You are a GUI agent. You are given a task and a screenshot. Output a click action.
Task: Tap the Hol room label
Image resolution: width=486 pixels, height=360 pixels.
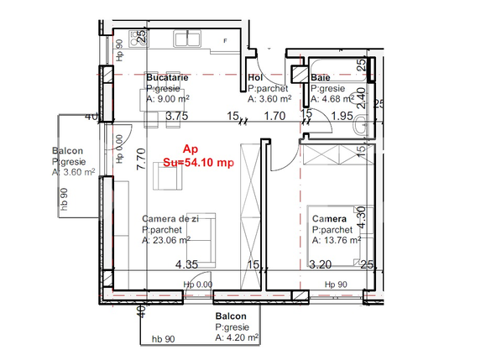pos(256,77)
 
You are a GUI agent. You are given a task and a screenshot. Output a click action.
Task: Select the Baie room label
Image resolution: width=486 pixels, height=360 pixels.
pos(321,77)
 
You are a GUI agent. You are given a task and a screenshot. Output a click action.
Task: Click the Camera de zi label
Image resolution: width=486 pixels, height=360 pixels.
pos(170,218)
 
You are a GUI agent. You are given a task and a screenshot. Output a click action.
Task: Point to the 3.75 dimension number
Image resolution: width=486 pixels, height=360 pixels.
pos(176,117)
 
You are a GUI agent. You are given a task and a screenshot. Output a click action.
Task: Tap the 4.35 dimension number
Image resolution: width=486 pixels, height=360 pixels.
pos(186,265)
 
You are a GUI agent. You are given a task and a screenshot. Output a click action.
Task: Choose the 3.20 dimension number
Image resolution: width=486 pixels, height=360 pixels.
pos(321,265)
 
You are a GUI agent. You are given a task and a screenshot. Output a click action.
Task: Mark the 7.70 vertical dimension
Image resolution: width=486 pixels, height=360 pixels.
pos(142,159)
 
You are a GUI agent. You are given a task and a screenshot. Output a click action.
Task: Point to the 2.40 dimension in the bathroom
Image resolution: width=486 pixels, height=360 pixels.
pos(361,100)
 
